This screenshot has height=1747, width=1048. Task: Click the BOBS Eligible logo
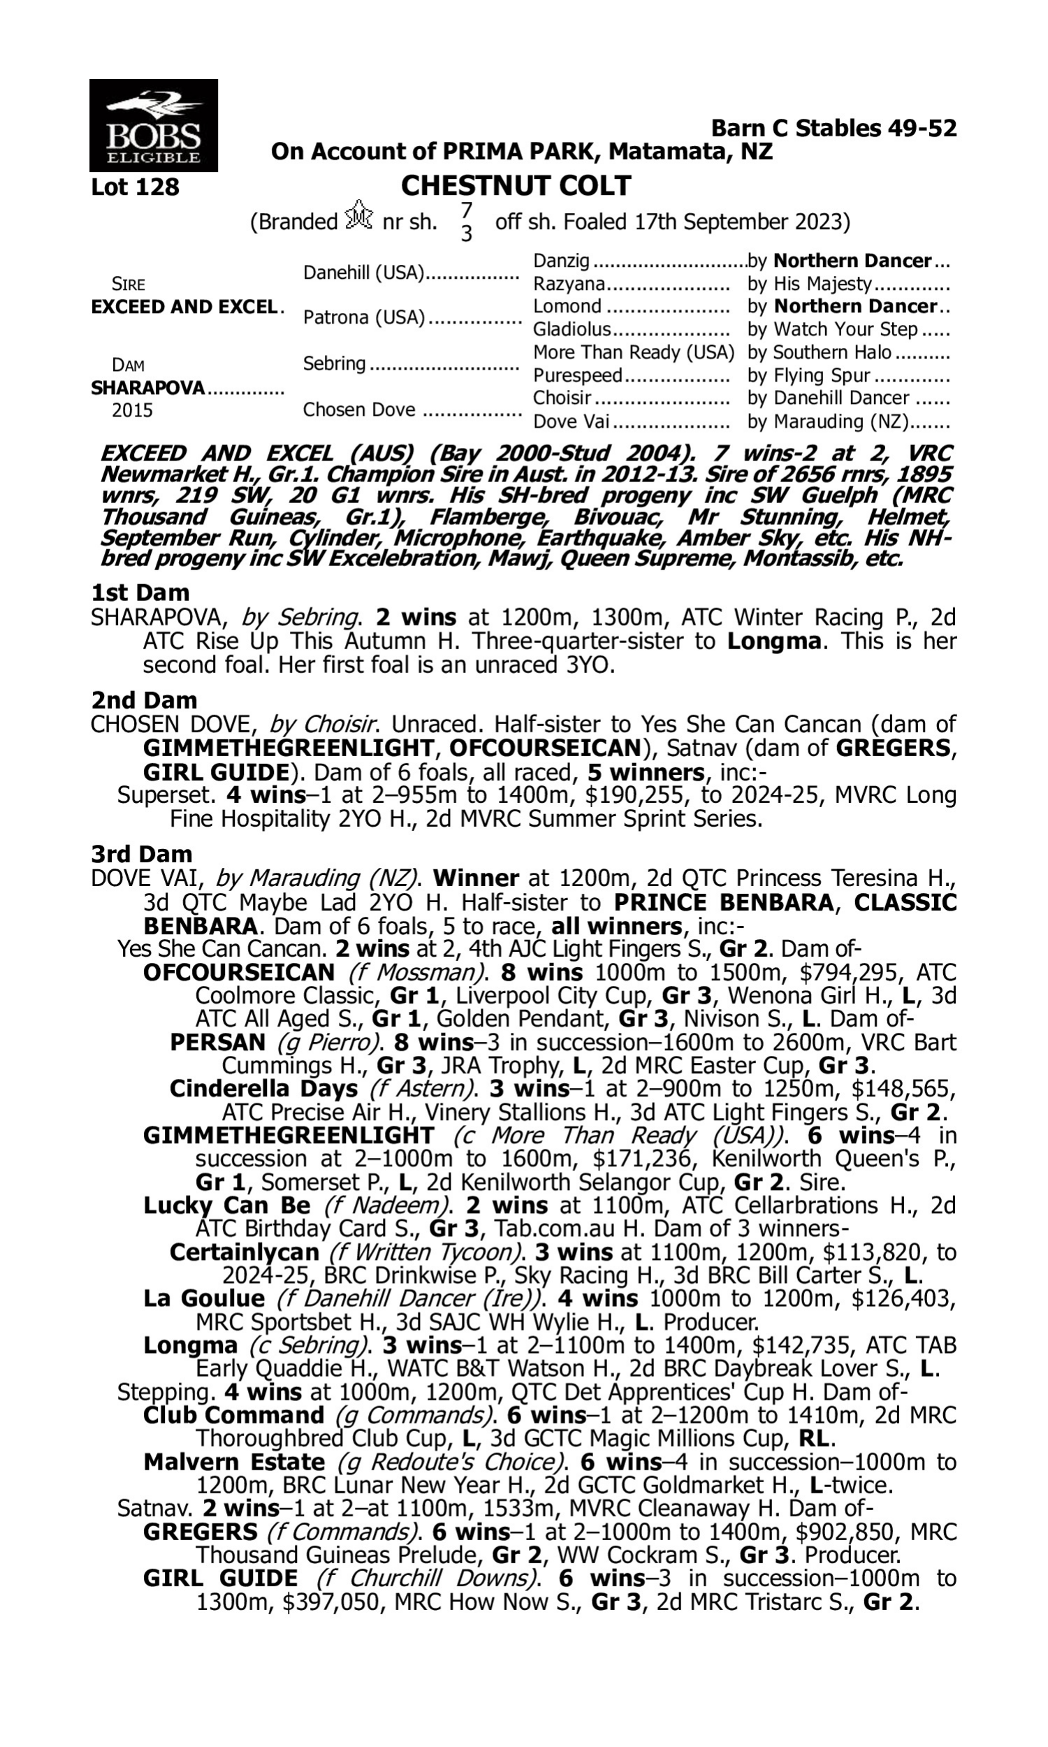pyautogui.click(x=153, y=125)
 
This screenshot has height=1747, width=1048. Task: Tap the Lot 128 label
pyautogui.click(x=135, y=187)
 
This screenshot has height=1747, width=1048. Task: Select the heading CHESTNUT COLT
pyautogui.click(x=516, y=186)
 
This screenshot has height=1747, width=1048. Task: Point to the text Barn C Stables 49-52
pyautogui.click(x=834, y=128)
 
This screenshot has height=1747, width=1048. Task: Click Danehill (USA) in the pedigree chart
pyautogui.click(x=363, y=273)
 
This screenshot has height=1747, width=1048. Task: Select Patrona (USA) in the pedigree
pyautogui.click(x=364, y=318)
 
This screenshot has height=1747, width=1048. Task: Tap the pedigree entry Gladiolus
pyautogui.click(x=572, y=329)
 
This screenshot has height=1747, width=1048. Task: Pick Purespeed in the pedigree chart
pyautogui.click(x=577, y=375)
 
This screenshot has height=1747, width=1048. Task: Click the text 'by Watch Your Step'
pyautogui.click(x=833, y=329)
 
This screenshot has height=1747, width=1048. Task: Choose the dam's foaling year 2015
pyautogui.click(x=132, y=411)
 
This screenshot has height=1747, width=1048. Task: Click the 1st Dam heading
pyautogui.click(x=140, y=593)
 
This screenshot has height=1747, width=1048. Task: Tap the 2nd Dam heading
pyautogui.click(x=144, y=700)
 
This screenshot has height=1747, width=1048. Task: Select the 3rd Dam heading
pyautogui.click(x=142, y=855)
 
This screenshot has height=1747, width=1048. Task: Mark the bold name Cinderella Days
pyautogui.click(x=263, y=1089)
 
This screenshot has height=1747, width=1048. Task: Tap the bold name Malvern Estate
pyautogui.click(x=234, y=1462)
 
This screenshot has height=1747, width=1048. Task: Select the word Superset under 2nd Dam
pyautogui.click(x=166, y=795)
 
